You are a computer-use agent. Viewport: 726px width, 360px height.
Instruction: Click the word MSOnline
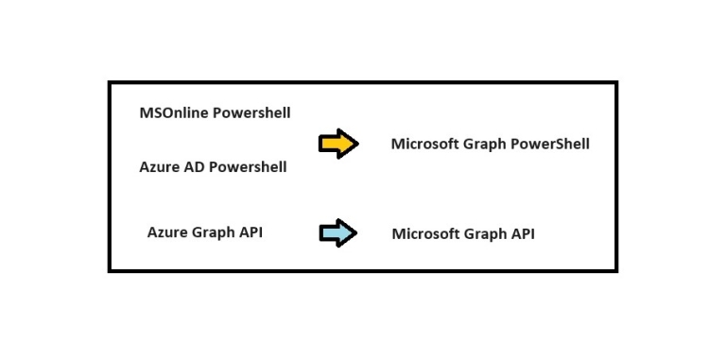[x=174, y=113]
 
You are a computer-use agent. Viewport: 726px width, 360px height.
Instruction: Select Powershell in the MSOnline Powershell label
[x=251, y=113]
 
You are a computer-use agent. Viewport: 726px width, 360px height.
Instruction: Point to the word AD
[x=195, y=167]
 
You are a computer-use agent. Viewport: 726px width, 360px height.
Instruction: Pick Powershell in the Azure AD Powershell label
[x=248, y=167]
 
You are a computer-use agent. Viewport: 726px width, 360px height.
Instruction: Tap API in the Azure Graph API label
[x=251, y=232]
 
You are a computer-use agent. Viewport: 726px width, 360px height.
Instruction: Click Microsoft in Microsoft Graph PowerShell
[x=424, y=145]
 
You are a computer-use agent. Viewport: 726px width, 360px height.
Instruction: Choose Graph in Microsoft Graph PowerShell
[x=484, y=146]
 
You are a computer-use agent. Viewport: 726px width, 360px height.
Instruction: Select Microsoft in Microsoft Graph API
[x=425, y=233]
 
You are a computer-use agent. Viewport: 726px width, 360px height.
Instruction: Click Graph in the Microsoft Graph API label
[x=485, y=234]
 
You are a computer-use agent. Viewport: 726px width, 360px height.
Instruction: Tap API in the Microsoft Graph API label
[x=523, y=233]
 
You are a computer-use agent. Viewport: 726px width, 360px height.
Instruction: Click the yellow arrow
[x=337, y=144]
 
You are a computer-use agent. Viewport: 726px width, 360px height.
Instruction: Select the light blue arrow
[x=337, y=233]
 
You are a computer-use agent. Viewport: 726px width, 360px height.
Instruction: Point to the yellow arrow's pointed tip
[x=357, y=144]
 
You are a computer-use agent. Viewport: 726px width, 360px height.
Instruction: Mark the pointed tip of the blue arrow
[x=355, y=233]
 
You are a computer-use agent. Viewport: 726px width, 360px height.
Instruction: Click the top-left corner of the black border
[x=110, y=82]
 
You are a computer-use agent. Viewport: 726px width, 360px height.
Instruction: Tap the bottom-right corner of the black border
[x=616, y=270]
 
